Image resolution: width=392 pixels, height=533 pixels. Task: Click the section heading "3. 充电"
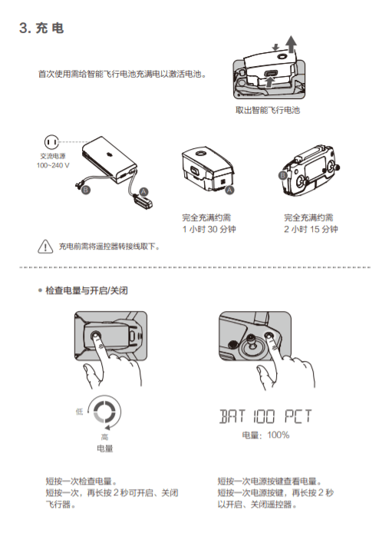pos(41,28)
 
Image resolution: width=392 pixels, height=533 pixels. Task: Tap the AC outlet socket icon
pos(51,142)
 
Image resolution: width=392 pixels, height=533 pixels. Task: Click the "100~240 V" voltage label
pos(53,166)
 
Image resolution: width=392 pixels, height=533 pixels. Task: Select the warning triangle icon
pos(45,247)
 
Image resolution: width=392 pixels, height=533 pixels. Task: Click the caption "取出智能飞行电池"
pos(268,110)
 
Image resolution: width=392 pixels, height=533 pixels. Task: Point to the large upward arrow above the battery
pos(291,44)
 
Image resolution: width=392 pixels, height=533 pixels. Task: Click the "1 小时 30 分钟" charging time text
pos(209,229)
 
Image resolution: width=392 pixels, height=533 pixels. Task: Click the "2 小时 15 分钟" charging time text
pos(311,229)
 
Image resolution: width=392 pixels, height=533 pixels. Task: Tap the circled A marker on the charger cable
pos(143,192)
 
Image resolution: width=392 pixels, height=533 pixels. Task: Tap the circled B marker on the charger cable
pos(86,190)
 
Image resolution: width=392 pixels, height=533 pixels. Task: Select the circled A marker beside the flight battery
pos(230,190)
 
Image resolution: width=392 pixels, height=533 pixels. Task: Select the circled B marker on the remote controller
pos(283,175)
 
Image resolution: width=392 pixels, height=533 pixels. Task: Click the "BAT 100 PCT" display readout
pos(265,416)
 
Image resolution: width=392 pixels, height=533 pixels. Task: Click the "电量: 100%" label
pos(265,435)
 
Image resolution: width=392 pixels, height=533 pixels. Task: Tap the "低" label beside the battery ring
pos(80,412)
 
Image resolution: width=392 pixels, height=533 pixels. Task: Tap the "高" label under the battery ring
pos(104,436)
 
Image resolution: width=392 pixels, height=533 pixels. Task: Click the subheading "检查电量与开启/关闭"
pos(87,290)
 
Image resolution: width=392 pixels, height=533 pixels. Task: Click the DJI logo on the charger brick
pos(109,154)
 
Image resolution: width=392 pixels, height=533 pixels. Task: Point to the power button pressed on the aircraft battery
pos(95,335)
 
